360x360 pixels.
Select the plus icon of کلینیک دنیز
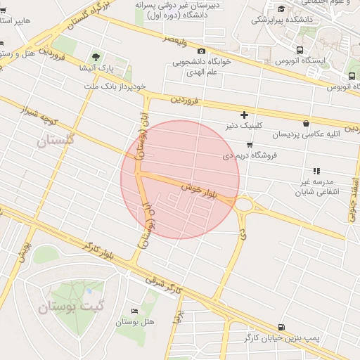pyautogui.click(x=244, y=115)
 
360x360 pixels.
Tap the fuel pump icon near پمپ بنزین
pyautogui.click(x=281, y=327)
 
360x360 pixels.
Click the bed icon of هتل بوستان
pyautogui.click(x=134, y=311)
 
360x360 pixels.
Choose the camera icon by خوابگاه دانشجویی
pyautogui.click(x=202, y=51)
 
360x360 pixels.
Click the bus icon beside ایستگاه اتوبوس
pyautogui.click(x=301, y=50)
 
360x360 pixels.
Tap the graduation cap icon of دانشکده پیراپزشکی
pyautogui.click(x=282, y=8)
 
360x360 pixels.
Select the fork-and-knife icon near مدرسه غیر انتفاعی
pyautogui.click(x=316, y=171)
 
